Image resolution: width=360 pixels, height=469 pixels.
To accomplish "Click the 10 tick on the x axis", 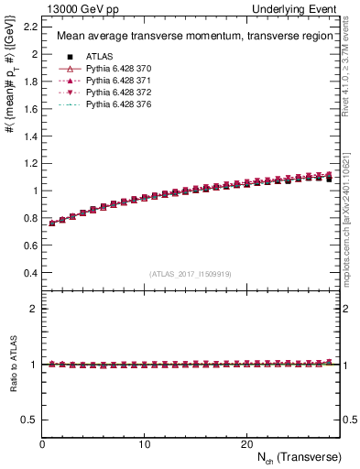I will [144, 443].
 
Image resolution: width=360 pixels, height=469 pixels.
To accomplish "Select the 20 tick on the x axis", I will [245, 443].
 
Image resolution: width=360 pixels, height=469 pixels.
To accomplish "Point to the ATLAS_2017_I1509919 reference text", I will [191, 273].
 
